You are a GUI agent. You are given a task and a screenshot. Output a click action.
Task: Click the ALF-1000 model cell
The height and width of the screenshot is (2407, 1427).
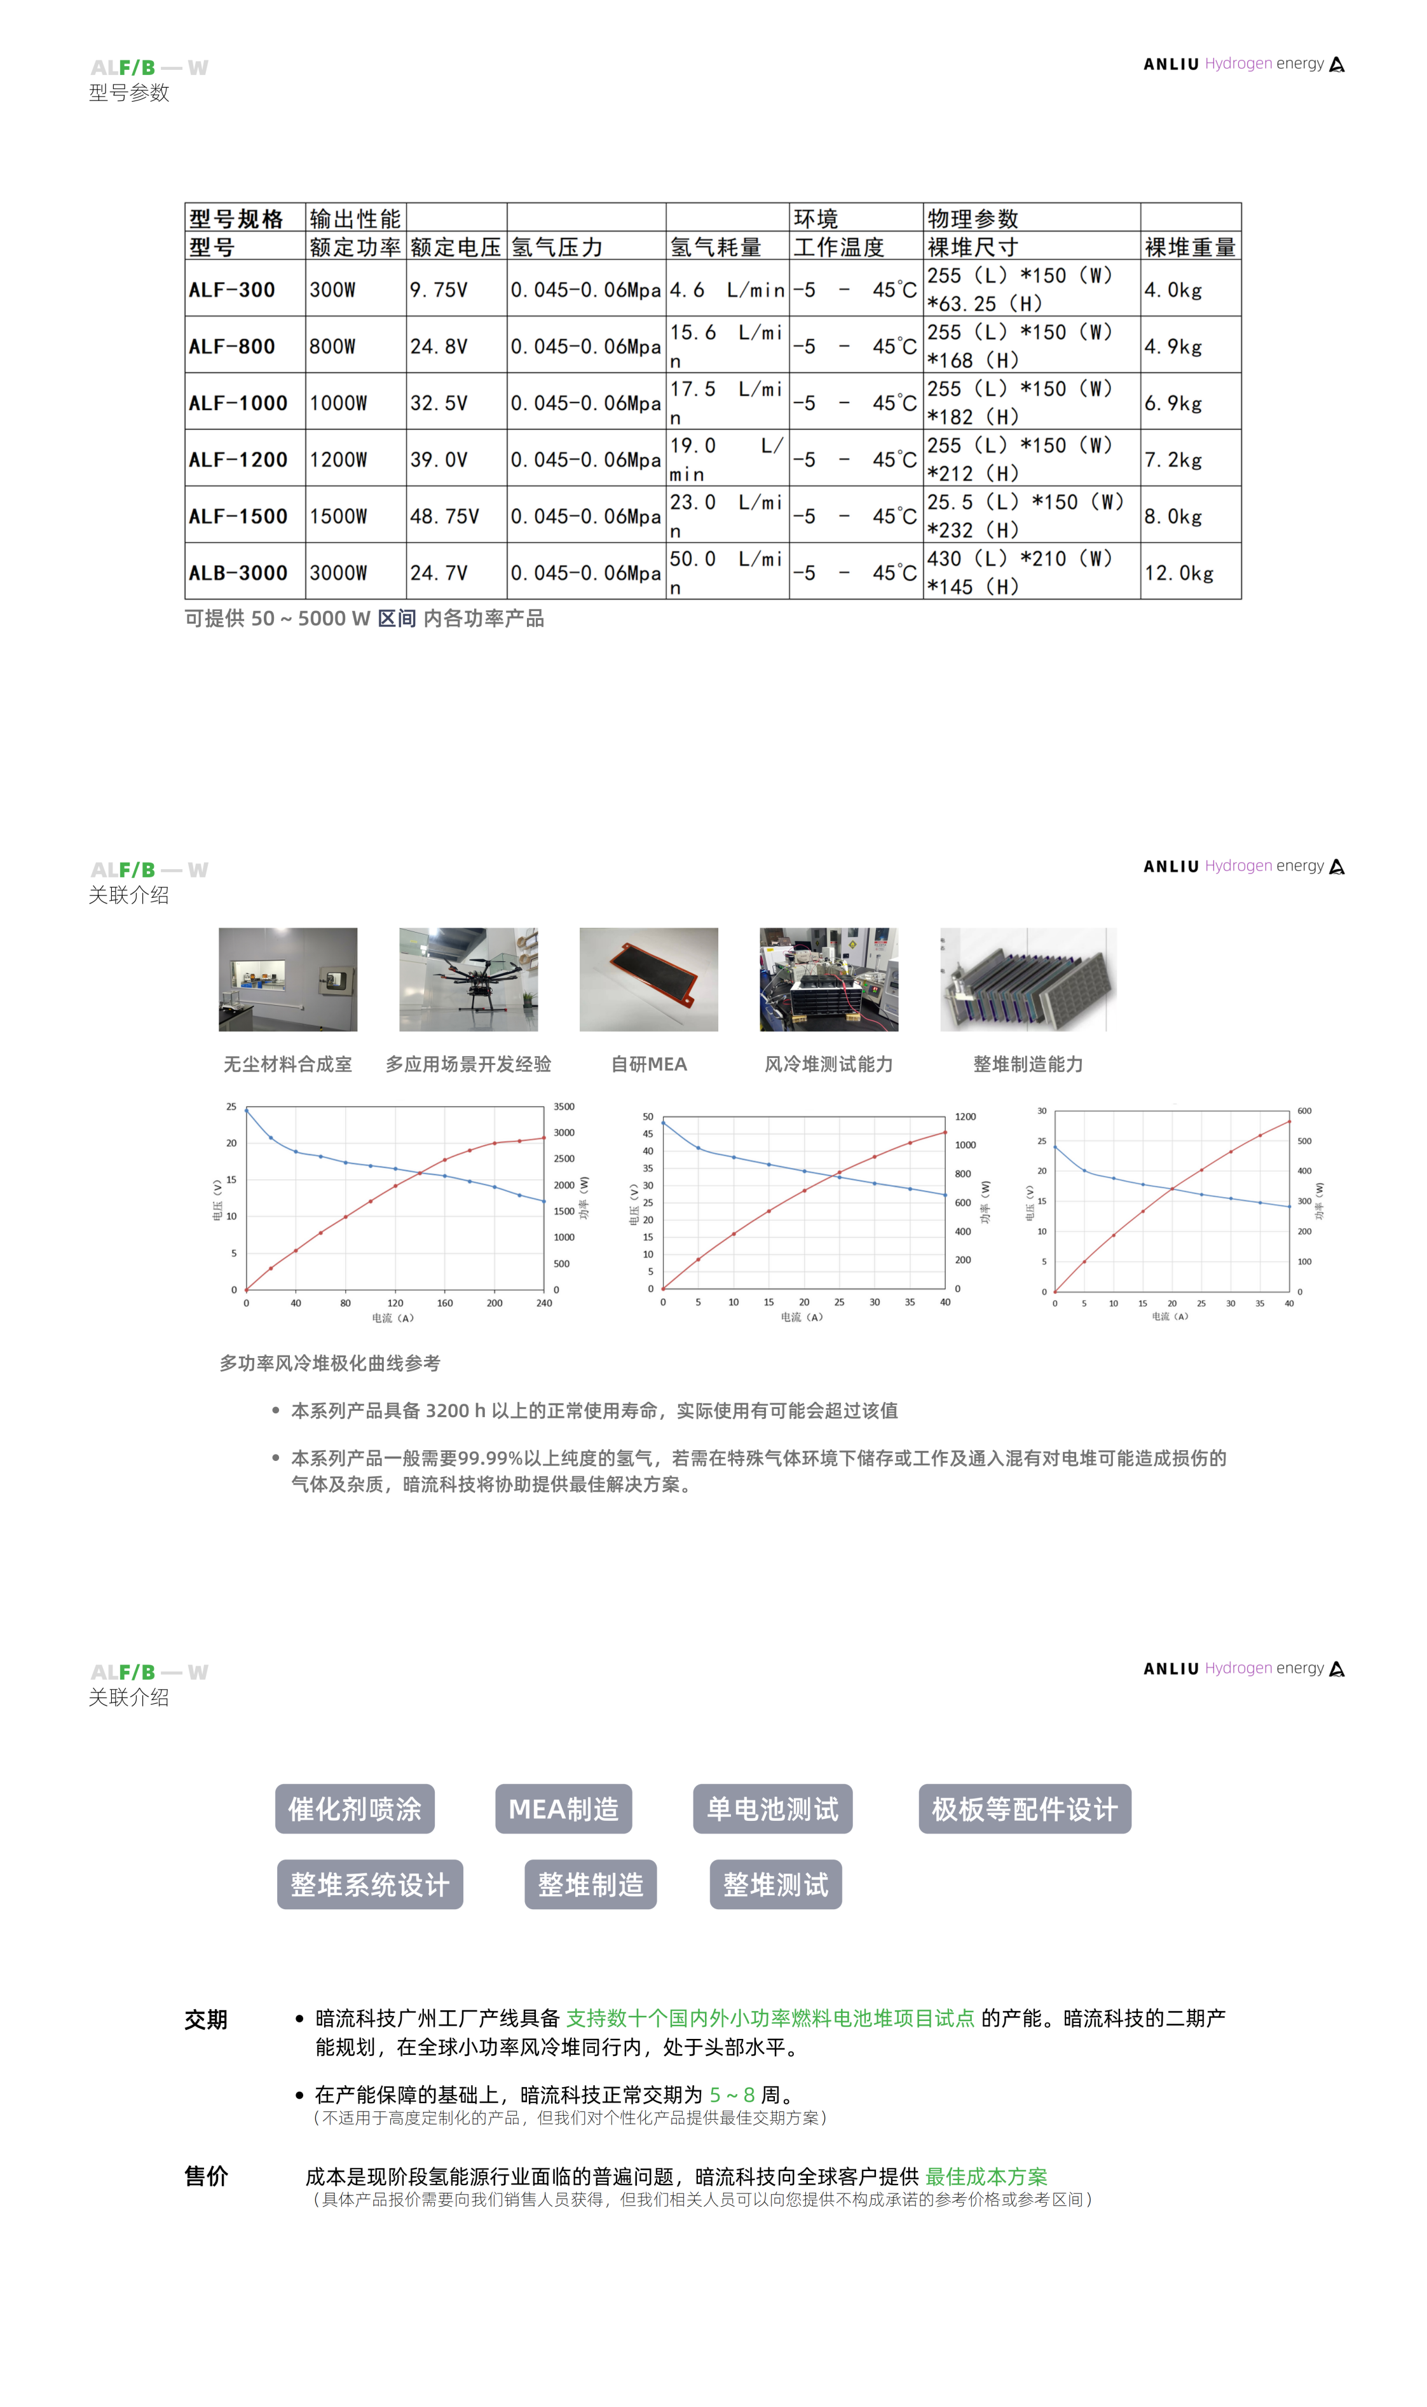238,403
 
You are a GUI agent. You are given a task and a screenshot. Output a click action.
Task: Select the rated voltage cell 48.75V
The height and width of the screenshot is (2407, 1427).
444,516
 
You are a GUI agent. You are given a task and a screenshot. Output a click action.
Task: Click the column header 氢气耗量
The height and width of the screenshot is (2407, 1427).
716,247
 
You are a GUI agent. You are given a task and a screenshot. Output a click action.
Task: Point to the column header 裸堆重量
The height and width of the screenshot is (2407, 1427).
1189,247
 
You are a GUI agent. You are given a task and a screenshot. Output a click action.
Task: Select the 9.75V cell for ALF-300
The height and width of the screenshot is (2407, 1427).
439,289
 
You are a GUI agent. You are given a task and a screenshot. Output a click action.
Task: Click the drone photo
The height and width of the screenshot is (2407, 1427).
468,979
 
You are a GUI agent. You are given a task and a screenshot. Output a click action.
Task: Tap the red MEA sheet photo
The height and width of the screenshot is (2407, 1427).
649,979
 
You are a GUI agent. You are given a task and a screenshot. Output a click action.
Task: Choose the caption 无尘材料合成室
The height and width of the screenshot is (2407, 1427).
287,1064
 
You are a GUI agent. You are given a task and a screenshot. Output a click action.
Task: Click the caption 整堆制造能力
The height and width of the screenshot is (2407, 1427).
1028,1064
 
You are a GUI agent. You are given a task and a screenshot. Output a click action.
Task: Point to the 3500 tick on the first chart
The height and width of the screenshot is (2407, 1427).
564,1107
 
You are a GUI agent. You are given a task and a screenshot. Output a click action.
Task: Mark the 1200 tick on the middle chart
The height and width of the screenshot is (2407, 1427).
964,1116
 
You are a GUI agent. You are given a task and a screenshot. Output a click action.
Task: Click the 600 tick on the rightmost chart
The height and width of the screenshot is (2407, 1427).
1304,1111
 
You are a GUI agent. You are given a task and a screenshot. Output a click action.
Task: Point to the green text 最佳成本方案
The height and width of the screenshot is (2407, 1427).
986,2176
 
